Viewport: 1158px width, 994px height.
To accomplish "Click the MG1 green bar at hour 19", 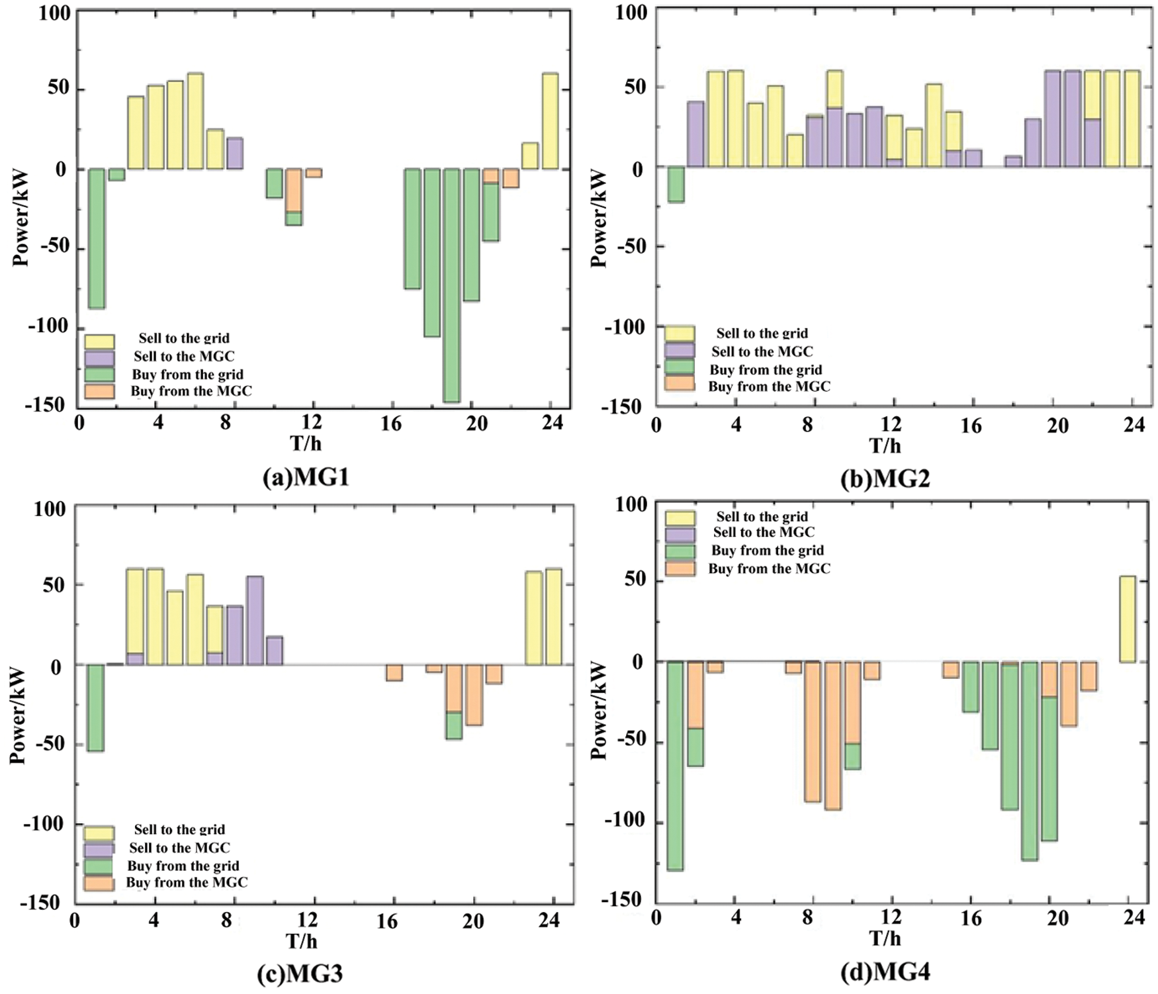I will [x=452, y=285].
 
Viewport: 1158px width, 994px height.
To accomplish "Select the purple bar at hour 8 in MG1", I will [x=235, y=154].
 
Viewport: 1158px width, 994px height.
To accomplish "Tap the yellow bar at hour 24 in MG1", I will [x=550, y=121].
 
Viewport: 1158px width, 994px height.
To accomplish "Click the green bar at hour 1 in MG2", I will [x=676, y=184].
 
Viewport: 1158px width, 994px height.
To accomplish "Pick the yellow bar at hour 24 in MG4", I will [x=1127, y=619].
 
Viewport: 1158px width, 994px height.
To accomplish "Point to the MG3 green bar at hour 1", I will [x=96, y=707].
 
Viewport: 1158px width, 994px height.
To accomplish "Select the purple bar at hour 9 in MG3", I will [x=255, y=620].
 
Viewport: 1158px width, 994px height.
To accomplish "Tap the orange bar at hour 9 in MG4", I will [x=832, y=735].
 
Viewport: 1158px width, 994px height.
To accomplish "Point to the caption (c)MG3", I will [x=300, y=973].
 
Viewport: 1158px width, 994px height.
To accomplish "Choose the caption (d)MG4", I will [x=885, y=972].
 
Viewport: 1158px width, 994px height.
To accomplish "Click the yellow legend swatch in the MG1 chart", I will [x=99, y=341].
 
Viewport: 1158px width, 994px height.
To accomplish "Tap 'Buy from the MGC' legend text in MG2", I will [x=769, y=386].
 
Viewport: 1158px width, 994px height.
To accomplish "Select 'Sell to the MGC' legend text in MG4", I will [x=764, y=532].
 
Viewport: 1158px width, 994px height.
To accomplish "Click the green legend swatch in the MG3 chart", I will [x=99, y=866].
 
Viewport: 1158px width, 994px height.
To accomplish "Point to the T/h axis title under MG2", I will [x=885, y=445].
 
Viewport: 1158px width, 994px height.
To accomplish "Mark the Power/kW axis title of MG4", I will [x=600, y=710].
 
